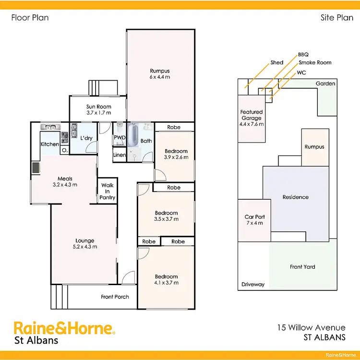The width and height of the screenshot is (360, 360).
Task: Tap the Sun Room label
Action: click(99, 110)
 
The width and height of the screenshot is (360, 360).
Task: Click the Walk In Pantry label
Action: click(108, 191)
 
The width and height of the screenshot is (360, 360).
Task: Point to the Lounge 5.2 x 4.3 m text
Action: click(85, 244)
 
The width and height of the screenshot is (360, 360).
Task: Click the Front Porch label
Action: click(115, 297)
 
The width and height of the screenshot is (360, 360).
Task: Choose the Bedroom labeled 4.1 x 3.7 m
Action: click(166, 280)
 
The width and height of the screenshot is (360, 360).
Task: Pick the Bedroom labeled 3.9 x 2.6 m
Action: click(176, 154)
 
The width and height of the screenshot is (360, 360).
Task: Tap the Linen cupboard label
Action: click(120, 155)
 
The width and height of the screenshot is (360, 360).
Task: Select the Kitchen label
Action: click(49, 144)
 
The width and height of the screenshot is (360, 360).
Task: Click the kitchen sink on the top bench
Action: click(50, 127)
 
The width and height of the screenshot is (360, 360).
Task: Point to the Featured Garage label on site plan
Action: click(252, 118)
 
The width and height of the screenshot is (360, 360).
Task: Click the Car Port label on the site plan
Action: click(254, 220)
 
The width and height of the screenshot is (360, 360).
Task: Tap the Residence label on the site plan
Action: click(296, 197)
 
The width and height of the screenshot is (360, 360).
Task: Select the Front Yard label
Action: click(302, 267)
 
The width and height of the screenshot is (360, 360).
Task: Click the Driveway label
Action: click(253, 284)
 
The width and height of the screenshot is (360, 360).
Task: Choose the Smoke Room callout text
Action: click(315, 62)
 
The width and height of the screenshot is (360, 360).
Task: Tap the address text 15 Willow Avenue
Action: click(311, 327)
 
